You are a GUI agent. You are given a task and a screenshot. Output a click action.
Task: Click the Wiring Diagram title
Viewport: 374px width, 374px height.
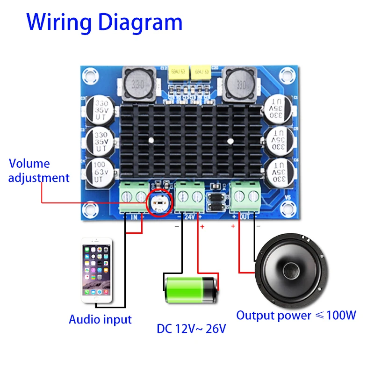coord(104,22)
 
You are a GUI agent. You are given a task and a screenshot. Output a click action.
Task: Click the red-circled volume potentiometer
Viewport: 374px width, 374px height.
coord(159,202)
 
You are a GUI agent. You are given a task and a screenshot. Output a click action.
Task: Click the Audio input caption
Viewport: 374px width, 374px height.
coord(100,320)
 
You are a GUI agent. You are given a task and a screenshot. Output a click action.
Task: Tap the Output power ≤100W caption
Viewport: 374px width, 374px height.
coord(296,316)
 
